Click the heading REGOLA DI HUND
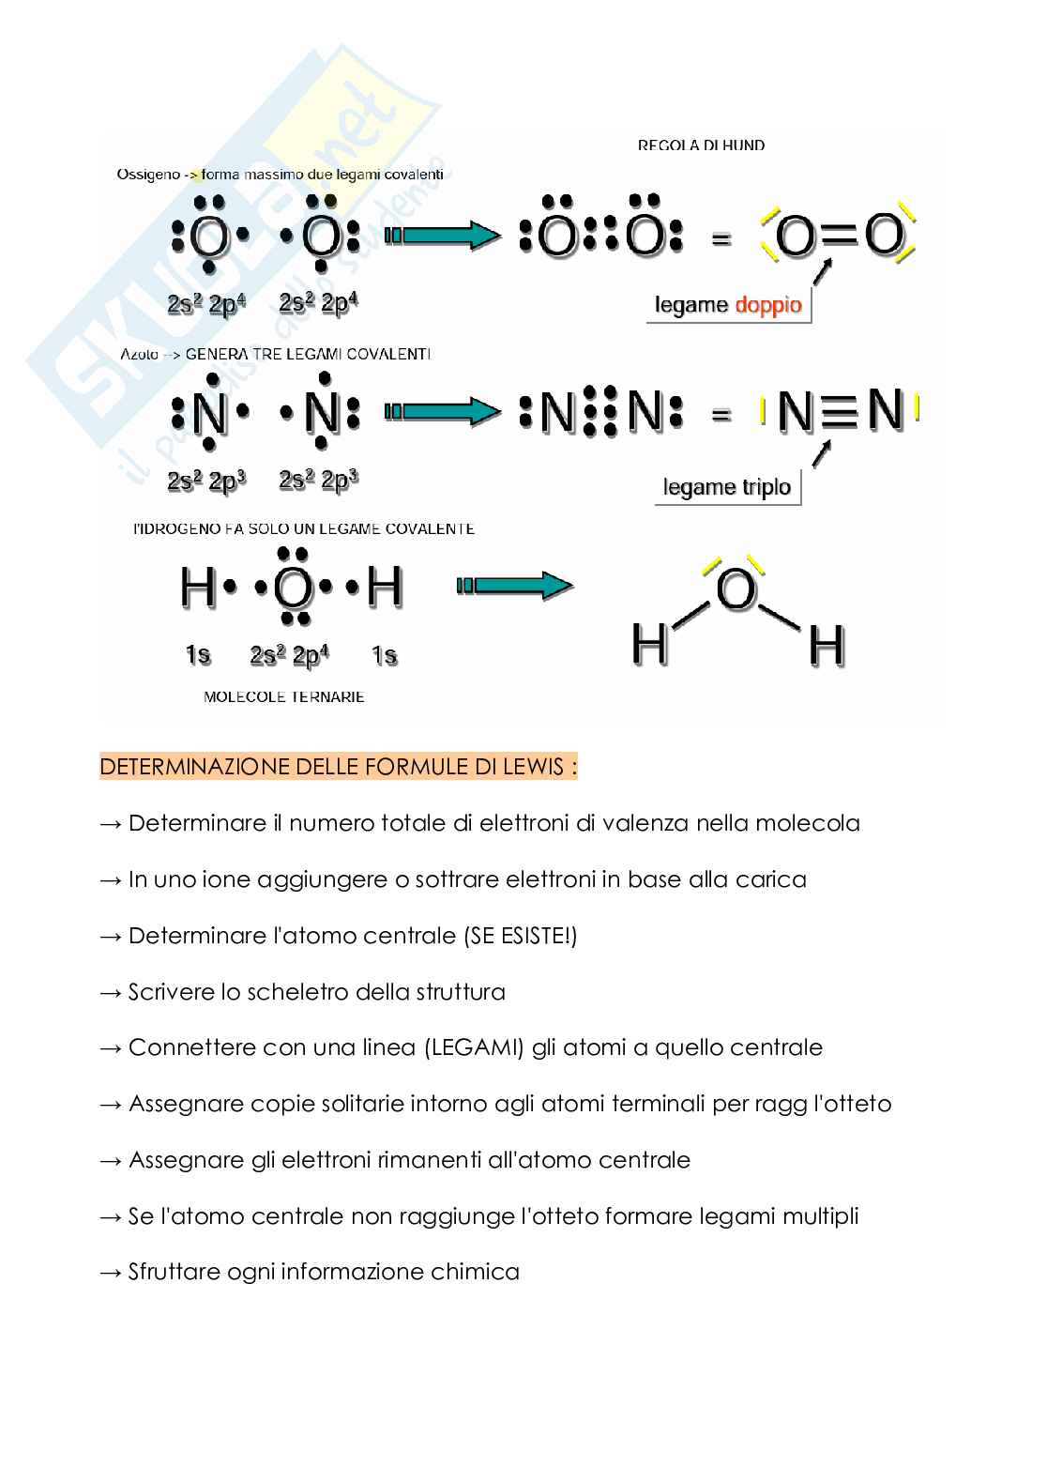(x=701, y=145)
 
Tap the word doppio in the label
(x=768, y=305)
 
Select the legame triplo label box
(x=727, y=487)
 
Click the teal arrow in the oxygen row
(x=443, y=235)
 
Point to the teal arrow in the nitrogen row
(x=443, y=410)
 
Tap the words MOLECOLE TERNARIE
(x=283, y=697)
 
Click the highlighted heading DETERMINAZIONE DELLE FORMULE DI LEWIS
(x=338, y=768)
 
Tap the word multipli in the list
(x=815, y=1216)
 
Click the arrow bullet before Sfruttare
(x=111, y=1273)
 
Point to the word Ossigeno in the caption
(x=148, y=175)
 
